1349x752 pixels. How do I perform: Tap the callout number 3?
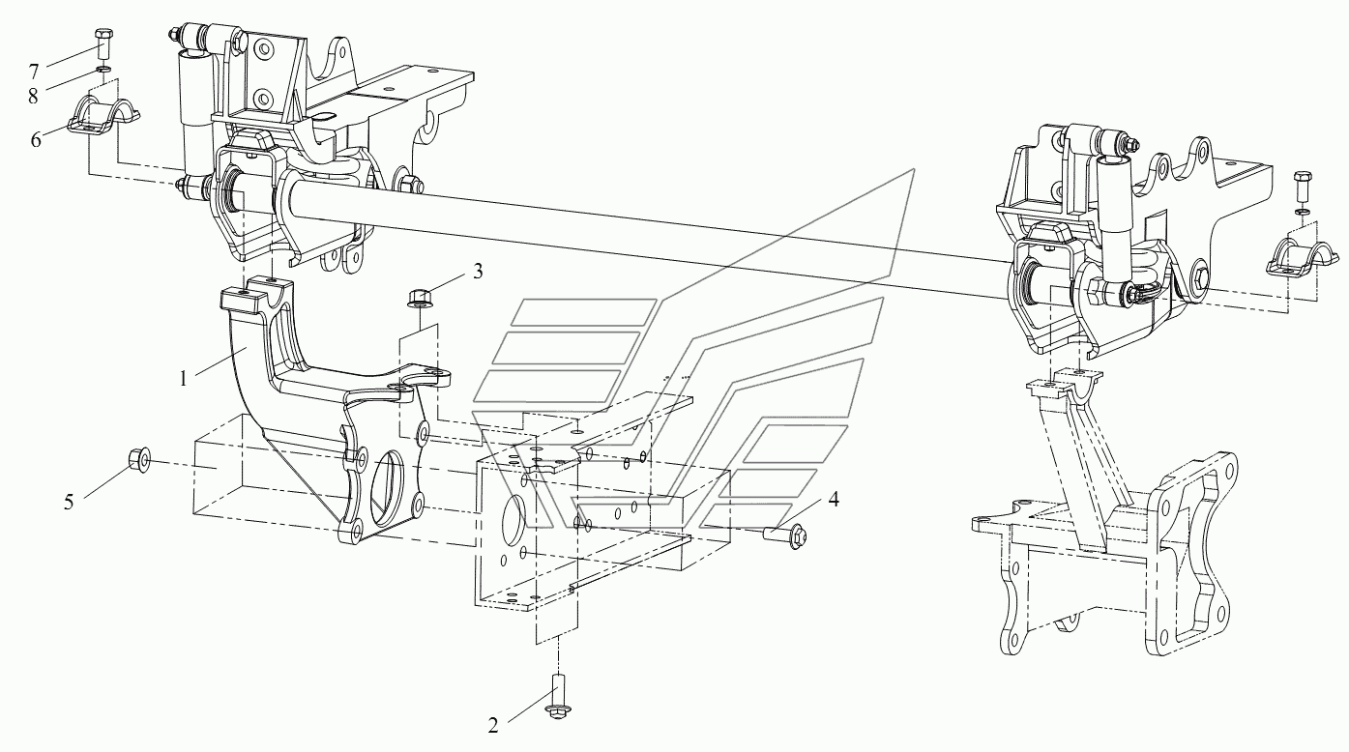tap(477, 273)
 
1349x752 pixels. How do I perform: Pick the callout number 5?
tap(69, 503)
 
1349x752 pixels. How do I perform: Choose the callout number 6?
tap(37, 140)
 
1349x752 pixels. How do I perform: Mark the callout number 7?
tap(34, 71)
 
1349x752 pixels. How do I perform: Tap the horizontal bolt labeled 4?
tap(784, 534)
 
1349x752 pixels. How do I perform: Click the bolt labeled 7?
tap(103, 43)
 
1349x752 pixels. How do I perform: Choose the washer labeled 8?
tap(103, 69)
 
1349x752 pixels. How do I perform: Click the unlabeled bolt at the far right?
tap(1302, 184)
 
